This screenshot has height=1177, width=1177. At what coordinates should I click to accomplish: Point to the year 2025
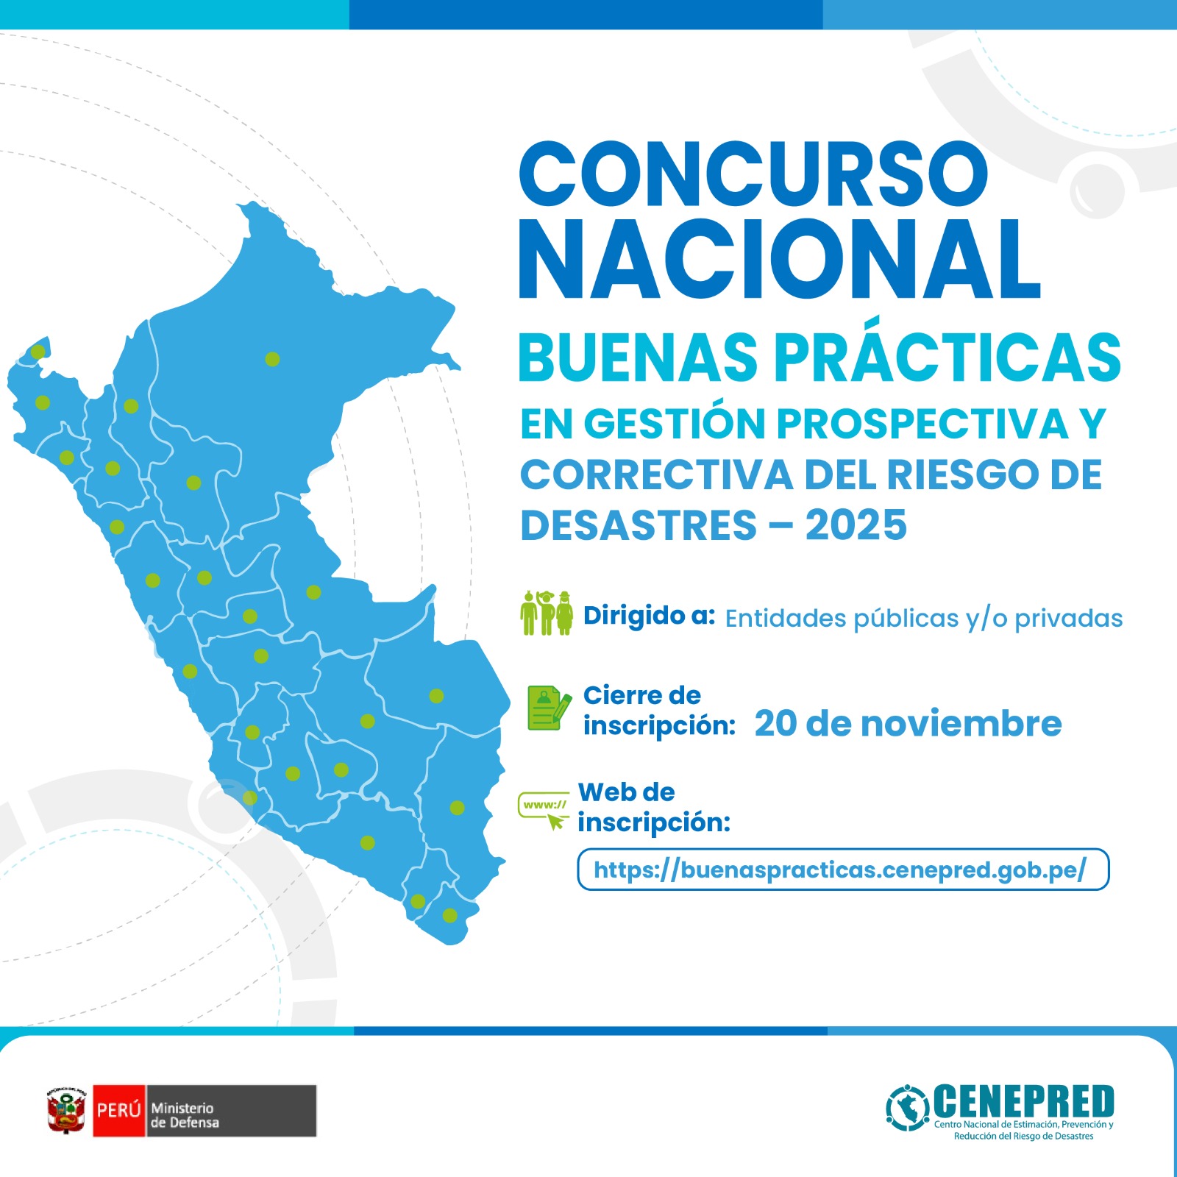click(x=856, y=525)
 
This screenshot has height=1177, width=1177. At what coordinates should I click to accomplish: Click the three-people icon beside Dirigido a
click(x=546, y=613)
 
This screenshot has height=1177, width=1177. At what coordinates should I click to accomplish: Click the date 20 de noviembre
click(x=908, y=724)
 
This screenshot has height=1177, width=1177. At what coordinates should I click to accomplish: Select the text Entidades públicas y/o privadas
click(x=923, y=619)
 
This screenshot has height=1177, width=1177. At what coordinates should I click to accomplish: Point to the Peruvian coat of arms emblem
click(x=67, y=1111)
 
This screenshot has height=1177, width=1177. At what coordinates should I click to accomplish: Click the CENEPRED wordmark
click(x=1024, y=1101)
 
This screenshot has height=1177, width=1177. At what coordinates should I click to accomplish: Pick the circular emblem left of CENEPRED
click(x=908, y=1108)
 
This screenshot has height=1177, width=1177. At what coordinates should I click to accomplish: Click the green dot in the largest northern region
click(x=272, y=359)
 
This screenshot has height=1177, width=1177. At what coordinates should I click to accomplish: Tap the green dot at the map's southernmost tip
click(x=449, y=916)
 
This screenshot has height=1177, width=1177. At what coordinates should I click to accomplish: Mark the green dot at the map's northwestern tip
click(x=38, y=352)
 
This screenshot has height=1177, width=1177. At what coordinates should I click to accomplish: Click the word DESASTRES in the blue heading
click(x=639, y=525)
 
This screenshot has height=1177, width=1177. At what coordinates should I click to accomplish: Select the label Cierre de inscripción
click(x=658, y=711)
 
